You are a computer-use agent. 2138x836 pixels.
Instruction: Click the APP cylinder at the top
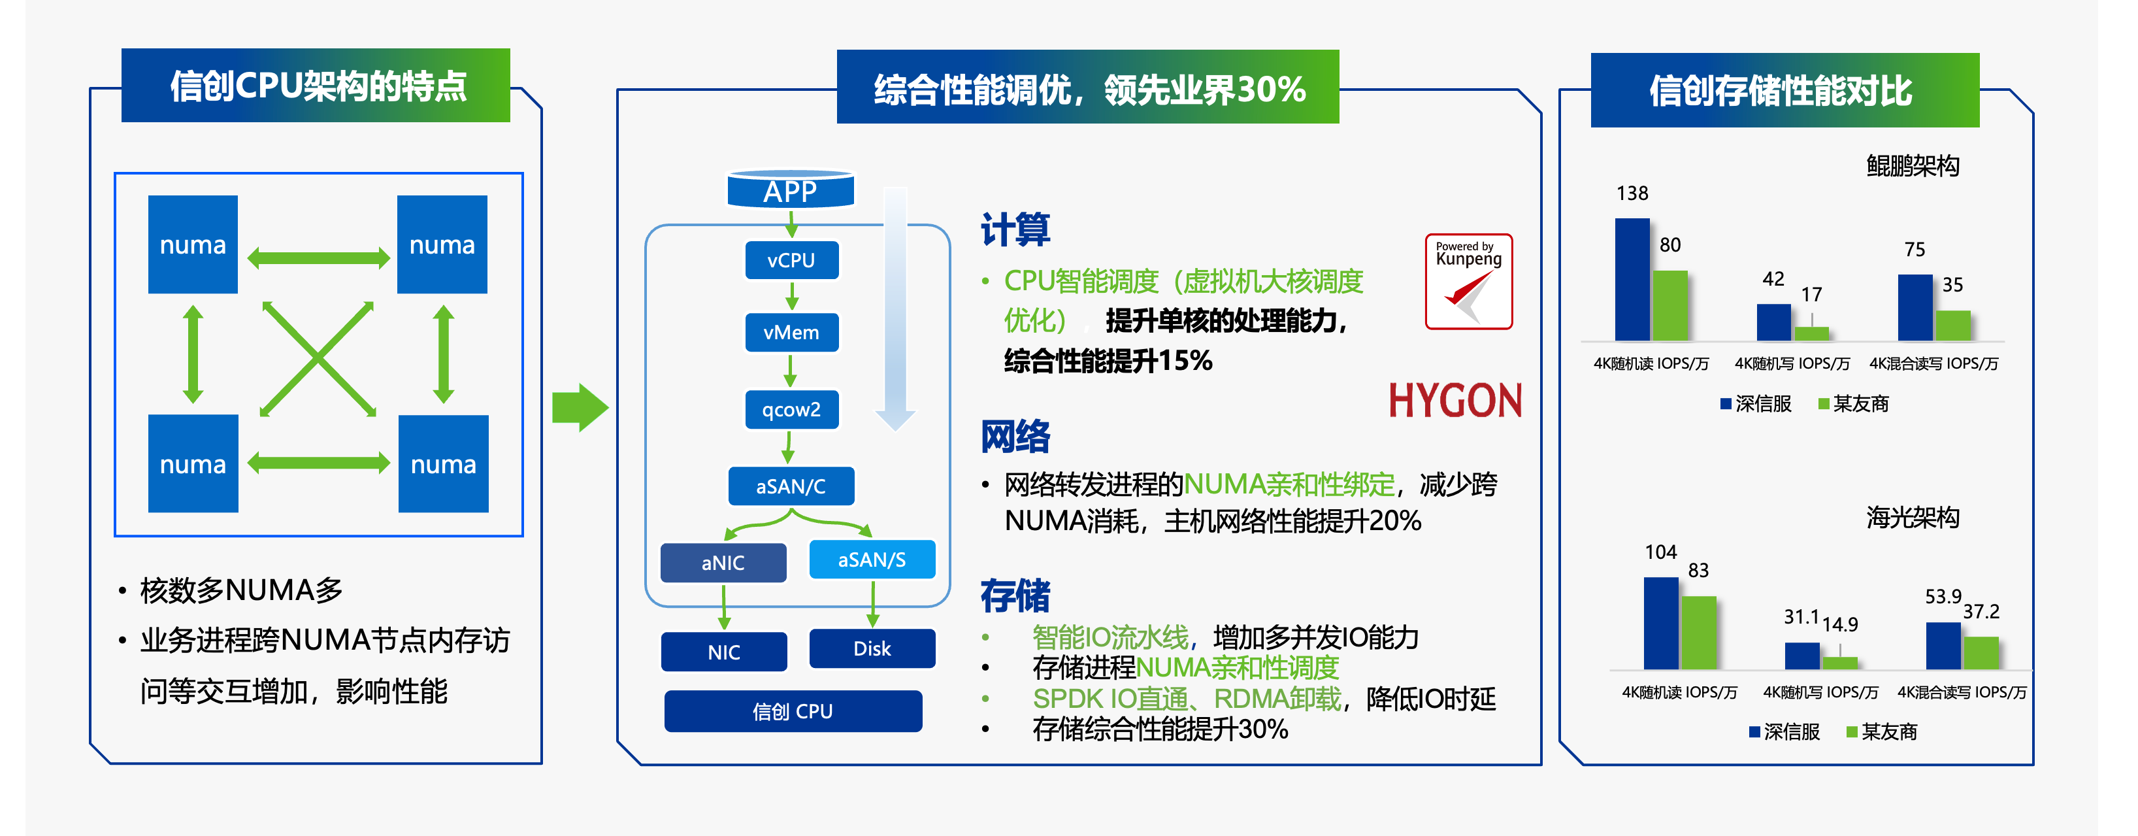(x=790, y=190)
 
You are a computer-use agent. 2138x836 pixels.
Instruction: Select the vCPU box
(x=791, y=261)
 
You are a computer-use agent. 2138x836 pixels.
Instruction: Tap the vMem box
(x=791, y=332)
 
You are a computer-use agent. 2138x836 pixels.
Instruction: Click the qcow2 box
(x=791, y=409)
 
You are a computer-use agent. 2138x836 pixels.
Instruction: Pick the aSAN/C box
(x=791, y=486)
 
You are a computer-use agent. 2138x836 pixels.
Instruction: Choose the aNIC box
(x=723, y=563)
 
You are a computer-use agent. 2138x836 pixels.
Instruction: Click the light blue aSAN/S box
(x=872, y=560)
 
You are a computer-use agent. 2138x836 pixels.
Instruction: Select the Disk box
(x=872, y=648)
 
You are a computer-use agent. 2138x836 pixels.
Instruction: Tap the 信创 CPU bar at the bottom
(x=793, y=711)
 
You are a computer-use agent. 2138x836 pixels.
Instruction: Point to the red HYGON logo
(x=1455, y=401)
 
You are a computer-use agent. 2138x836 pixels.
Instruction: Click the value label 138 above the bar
(x=1632, y=193)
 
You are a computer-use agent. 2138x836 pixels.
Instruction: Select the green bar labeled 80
(x=1670, y=305)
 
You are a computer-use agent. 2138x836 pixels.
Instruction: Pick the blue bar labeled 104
(x=1661, y=623)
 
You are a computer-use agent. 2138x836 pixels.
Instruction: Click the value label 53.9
(x=1943, y=596)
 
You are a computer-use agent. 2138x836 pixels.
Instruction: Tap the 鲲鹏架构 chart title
(x=1913, y=166)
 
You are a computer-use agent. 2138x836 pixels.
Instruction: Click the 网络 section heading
(x=1015, y=437)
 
